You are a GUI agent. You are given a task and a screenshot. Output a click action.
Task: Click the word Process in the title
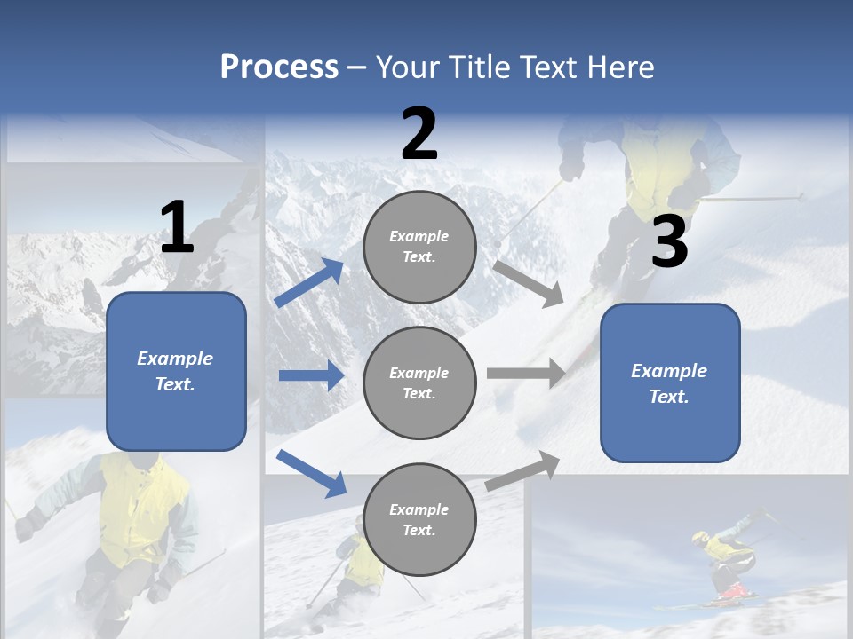(279, 67)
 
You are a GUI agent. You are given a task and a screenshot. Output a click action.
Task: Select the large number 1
(177, 228)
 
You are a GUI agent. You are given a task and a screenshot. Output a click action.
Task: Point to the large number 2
(419, 134)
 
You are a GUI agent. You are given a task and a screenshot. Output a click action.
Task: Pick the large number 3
(669, 242)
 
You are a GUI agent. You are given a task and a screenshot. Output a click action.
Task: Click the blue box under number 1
(176, 371)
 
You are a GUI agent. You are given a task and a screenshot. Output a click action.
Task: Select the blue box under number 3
(670, 383)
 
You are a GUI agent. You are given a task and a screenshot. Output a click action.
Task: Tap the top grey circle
(419, 247)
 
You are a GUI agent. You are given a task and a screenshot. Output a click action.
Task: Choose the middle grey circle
(419, 383)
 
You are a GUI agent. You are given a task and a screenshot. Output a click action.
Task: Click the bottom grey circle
(419, 519)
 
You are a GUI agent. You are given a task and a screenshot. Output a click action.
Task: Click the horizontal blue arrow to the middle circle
(311, 375)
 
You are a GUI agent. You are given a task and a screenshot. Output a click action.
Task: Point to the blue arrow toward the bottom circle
(311, 473)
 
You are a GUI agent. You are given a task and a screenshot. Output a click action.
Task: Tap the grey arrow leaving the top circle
(529, 283)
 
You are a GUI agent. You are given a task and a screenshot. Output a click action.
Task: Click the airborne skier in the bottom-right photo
(729, 561)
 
